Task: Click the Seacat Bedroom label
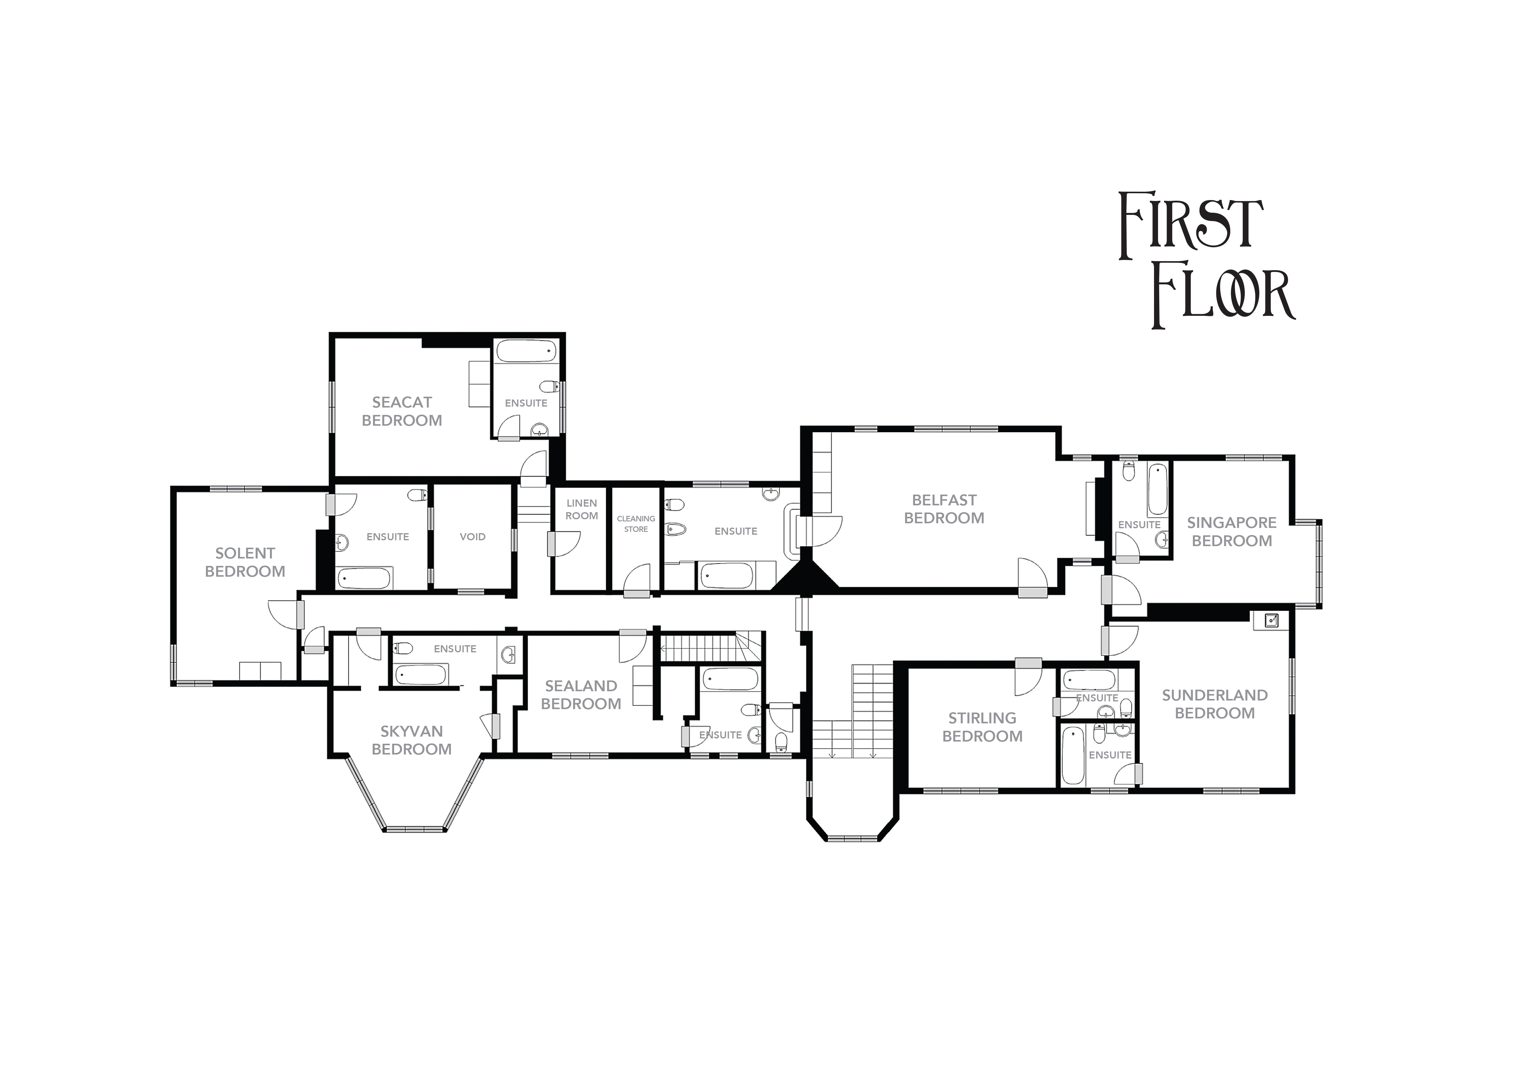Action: [402, 412]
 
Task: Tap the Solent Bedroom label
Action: [245, 562]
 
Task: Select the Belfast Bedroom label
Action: [944, 509]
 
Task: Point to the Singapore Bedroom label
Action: [1232, 532]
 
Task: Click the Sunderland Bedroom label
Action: [1214, 704]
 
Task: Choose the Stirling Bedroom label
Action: [982, 727]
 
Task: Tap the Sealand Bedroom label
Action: [581, 695]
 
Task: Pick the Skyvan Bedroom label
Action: [412, 740]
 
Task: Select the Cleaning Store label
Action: [636, 524]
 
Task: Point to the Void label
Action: [472, 537]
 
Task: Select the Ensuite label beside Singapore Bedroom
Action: [1139, 525]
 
